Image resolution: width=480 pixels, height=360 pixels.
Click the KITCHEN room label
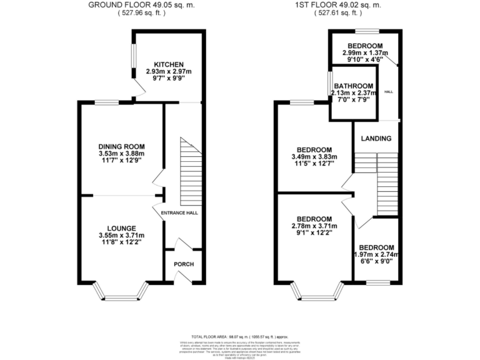[x=169, y=64]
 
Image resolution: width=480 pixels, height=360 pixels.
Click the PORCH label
[x=184, y=264]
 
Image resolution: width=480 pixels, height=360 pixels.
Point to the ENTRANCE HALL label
[x=179, y=213]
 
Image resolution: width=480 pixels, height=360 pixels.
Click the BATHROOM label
[x=353, y=86]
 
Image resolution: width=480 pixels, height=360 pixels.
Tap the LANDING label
[x=377, y=138]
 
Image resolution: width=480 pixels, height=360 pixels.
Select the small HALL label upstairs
[x=388, y=92]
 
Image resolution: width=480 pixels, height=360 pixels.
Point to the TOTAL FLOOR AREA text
[x=239, y=336]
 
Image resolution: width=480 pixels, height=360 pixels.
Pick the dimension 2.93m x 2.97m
[x=169, y=72]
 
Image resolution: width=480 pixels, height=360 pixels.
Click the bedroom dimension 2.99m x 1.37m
[x=365, y=53]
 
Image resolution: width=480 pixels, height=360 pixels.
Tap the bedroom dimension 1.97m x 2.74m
[x=376, y=254]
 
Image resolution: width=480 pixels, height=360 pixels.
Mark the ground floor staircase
[x=188, y=172]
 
